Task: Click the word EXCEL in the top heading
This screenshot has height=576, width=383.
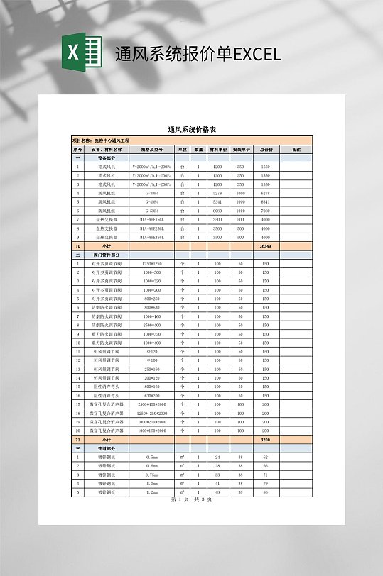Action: click(257, 54)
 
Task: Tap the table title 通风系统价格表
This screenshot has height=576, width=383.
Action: click(191, 129)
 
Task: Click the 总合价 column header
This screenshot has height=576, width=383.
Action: click(265, 150)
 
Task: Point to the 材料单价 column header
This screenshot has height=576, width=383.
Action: click(217, 150)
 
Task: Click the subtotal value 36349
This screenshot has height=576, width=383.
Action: click(265, 245)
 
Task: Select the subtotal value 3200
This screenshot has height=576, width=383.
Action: click(265, 439)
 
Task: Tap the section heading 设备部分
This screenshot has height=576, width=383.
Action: click(107, 158)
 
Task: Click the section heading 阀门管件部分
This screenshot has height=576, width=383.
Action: click(107, 254)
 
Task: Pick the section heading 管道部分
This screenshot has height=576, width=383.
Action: click(107, 448)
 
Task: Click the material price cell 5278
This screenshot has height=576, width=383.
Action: click(217, 193)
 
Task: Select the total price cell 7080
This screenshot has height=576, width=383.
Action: click(265, 211)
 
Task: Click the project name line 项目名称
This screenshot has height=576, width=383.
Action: click(102, 142)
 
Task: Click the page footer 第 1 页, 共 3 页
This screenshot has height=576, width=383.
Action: click(191, 499)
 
